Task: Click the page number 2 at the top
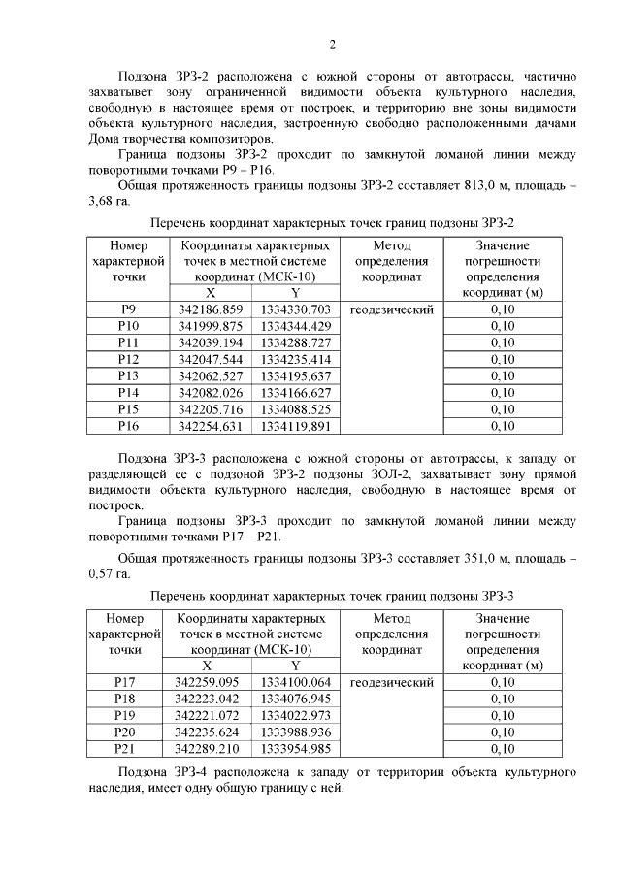pyautogui.click(x=332, y=44)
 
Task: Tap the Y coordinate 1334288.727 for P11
pyautogui.click(x=296, y=342)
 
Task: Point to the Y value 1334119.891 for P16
pyautogui.click(x=296, y=425)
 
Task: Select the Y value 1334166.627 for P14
pyautogui.click(x=296, y=392)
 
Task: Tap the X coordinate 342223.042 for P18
pyautogui.click(x=208, y=699)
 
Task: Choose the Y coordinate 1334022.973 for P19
pyautogui.click(x=296, y=715)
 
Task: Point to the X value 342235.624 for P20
pyautogui.click(x=208, y=732)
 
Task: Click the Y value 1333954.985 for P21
pyautogui.click(x=296, y=748)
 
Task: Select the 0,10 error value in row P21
pyautogui.click(x=503, y=748)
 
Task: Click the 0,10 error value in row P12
pyautogui.click(x=503, y=359)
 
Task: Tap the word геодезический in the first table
pyautogui.click(x=391, y=309)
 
